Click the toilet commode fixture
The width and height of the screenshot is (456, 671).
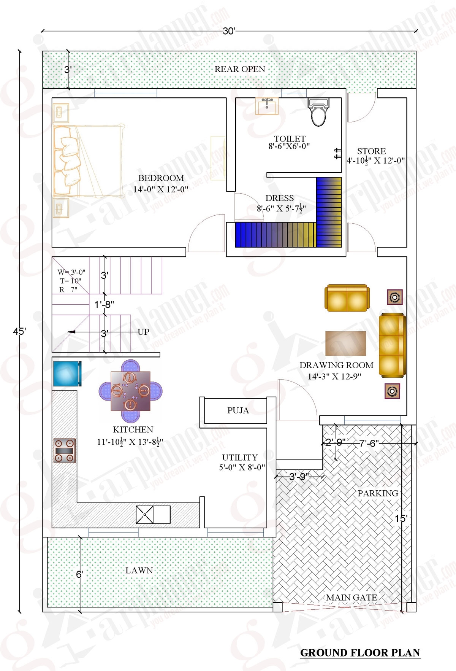pyautogui.click(x=318, y=113)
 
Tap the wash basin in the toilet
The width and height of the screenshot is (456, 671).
pyautogui.click(x=267, y=106)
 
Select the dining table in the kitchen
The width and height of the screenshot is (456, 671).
pyautogui.click(x=130, y=391)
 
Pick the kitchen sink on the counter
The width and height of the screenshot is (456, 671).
pyautogui.click(x=153, y=515)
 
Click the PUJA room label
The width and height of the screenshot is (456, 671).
pyautogui.click(x=238, y=410)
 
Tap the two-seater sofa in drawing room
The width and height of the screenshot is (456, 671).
pyautogui.click(x=347, y=298)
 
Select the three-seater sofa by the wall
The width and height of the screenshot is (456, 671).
pyautogui.click(x=392, y=345)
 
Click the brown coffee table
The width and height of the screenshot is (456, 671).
pyautogui.click(x=345, y=343)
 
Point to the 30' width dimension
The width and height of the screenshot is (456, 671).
pyautogui.click(x=229, y=31)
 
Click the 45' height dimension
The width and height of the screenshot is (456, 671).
pyautogui.click(x=19, y=331)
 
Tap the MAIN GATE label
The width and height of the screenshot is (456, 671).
pyautogui.click(x=351, y=598)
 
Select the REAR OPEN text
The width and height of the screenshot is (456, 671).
pyautogui.click(x=240, y=69)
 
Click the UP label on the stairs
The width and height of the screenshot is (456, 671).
pyautogui.click(x=143, y=332)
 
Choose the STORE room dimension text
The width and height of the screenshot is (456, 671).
pyautogui.click(x=375, y=161)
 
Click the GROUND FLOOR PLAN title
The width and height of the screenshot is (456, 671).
pyautogui.click(x=360, y=653)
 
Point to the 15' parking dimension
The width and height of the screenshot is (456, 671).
pyautogui.click(x=401, y=518)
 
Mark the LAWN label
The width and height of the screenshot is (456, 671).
pyautogui.click(x=139, y=570)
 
